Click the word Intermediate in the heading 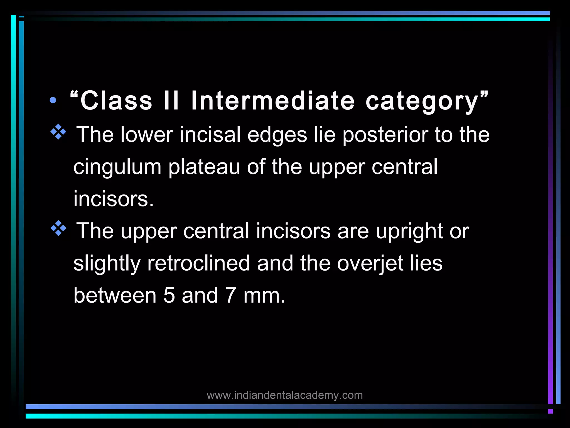point(273,101)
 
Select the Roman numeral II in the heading point(171,101)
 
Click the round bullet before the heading point(53,100)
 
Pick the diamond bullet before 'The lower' point(58,132)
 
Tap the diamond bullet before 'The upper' point(58,228)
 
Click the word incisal point(210,135)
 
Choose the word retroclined point(198,263)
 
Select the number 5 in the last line point(169,295)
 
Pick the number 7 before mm point(231,295)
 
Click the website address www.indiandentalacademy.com point(285,395)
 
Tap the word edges point(277,135)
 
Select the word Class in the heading point(116,101)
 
